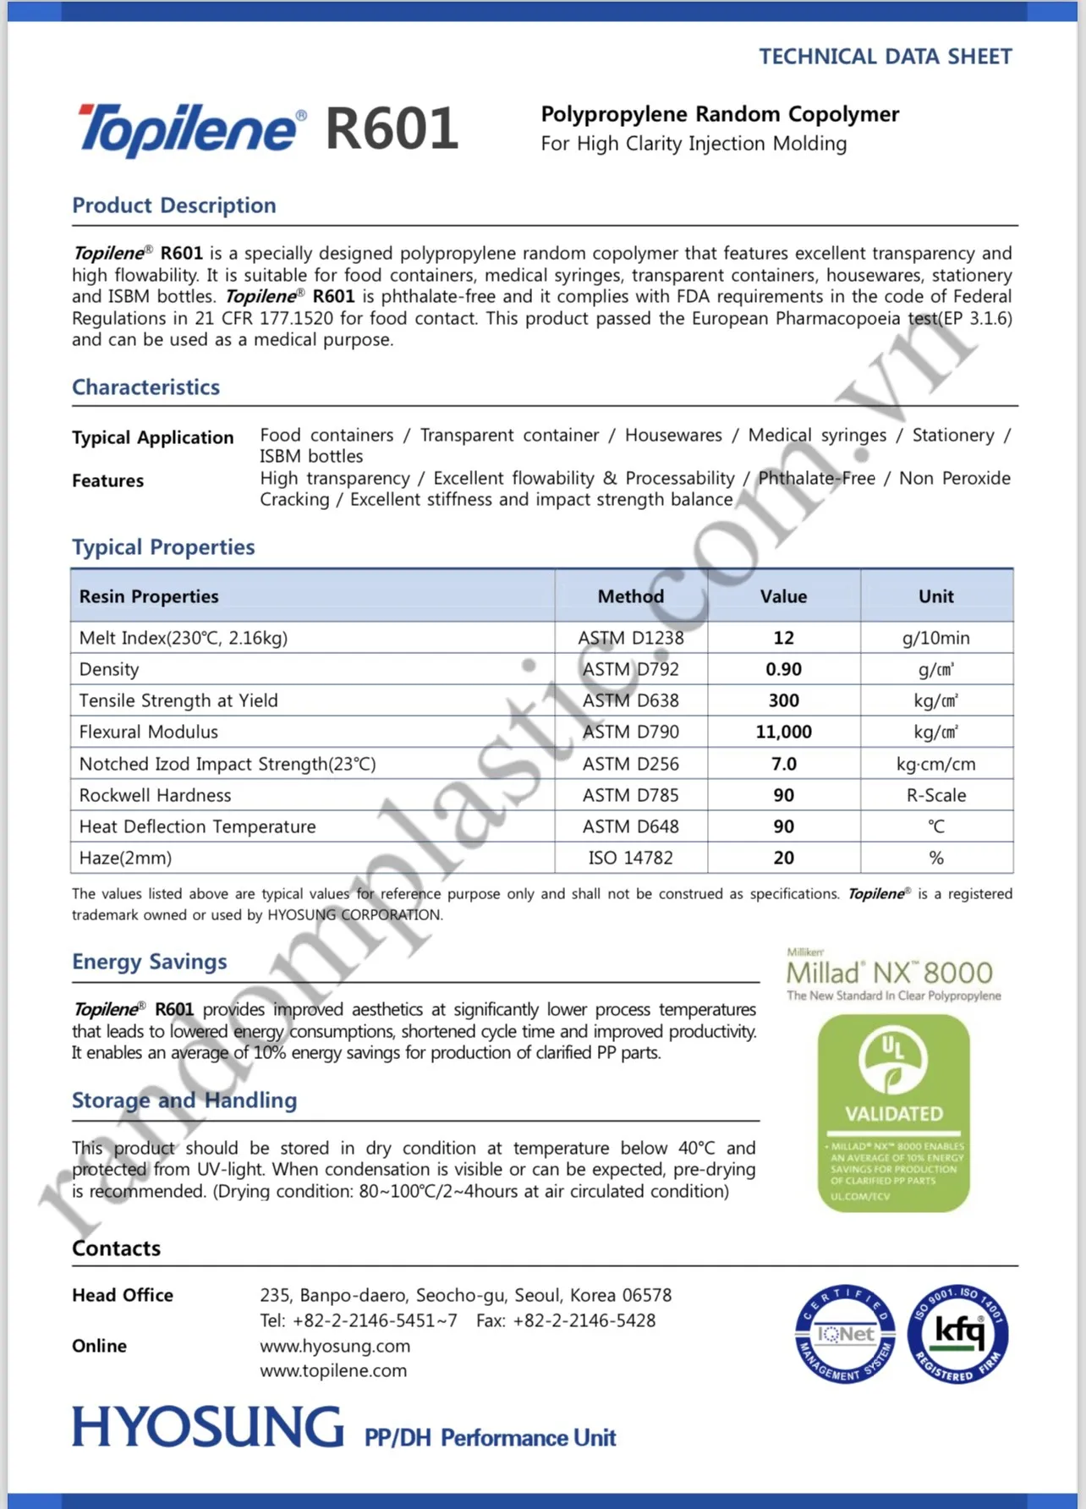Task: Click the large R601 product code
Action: tap(392, 129)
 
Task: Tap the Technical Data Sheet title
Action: tap(885, 57)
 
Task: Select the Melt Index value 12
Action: tap(783, 638)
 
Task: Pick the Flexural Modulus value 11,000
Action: tap(783, 732)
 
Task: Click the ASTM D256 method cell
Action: tap(630, 764)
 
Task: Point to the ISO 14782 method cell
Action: tap(630, 858)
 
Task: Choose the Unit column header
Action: tap(935, 596)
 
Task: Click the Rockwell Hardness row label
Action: tap(155, 795)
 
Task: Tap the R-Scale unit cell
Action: tap(935, 795)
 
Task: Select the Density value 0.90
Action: tap(783, 669)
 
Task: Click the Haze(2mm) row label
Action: tap(125, 858)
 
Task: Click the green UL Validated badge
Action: tap(893, 1112)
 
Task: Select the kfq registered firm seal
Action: tap(957, 1334)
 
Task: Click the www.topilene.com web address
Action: tap(333, 1370)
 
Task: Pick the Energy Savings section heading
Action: tap(150, 962)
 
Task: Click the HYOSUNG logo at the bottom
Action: tap(208, 1427)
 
